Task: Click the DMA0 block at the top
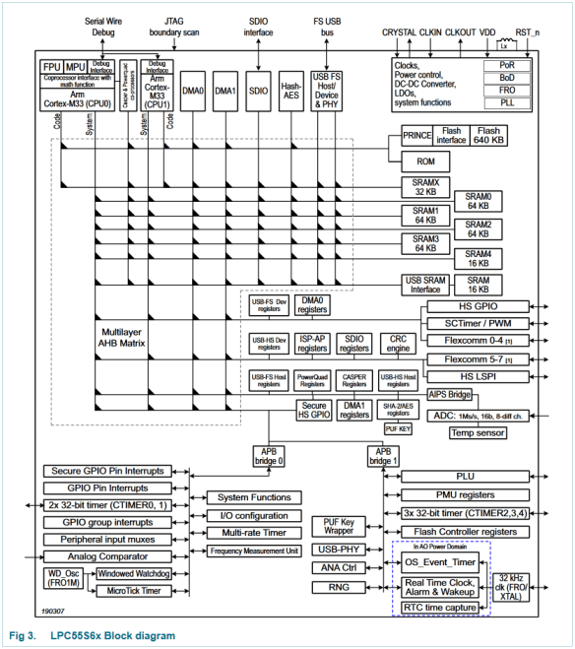pos(193,90)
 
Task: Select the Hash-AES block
pos(290,90)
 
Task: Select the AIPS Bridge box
pos(449,394)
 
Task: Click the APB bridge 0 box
pos(269,456)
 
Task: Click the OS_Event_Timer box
pos(441,563)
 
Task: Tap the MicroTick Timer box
pos(137,590)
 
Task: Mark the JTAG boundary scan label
pos(174,27)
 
